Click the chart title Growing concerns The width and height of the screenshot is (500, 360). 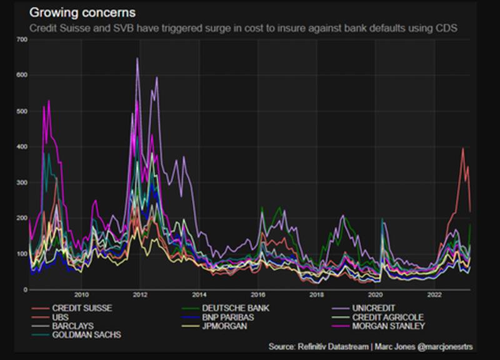83,12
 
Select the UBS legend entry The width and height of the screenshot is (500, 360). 61,317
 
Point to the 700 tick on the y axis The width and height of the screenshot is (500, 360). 22,40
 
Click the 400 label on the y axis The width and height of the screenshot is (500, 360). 22,147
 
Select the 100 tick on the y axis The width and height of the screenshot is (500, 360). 22,254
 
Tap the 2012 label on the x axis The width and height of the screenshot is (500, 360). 139,294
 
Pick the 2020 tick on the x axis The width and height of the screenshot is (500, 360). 375,294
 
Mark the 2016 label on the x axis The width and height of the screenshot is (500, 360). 257,294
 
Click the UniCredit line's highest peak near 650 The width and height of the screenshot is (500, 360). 137,59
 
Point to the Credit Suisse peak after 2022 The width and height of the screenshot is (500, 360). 462,149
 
